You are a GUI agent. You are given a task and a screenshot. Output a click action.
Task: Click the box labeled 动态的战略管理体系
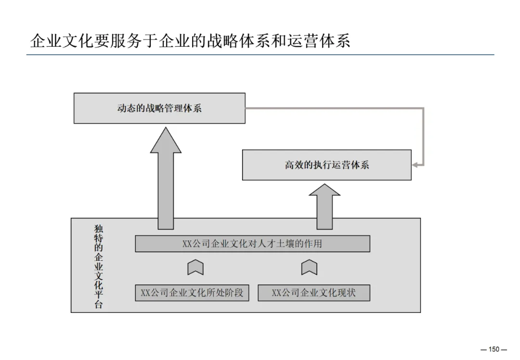159,108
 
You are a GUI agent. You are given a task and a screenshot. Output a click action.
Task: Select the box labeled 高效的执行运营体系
326,165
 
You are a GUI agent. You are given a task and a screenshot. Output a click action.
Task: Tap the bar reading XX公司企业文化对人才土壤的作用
252,244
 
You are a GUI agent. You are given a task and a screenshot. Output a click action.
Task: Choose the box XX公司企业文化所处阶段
192,293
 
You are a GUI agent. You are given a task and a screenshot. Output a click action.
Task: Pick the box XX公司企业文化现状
314,293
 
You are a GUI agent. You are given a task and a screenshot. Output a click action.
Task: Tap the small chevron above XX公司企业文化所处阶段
195,267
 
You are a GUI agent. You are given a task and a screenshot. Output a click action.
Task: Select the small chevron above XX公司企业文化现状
309,267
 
